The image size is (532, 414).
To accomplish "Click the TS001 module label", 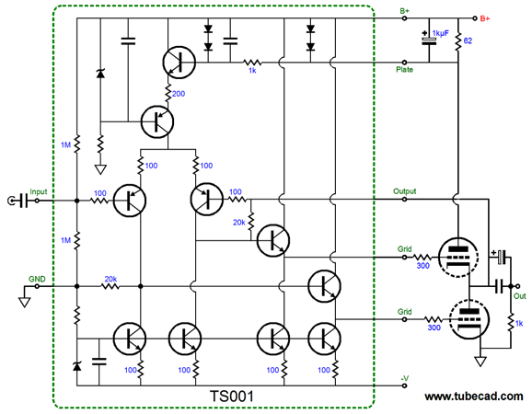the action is pyautogui.click(x=232, y=396).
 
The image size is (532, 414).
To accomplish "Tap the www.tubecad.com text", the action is pyautogui.click(x=474, y=396).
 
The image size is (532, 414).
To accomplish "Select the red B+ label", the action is pyautogui.click(x=485, y=18).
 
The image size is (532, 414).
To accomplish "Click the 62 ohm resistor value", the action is pyautogui.click(x=468, y=40).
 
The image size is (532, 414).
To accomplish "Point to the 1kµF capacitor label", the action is pyautogui.click(x=440, y=33).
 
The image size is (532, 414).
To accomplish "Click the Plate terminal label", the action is pyautogui.click(x=404, y=70).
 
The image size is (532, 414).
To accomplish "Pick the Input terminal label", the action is pyautogui.click(x=39, y=191).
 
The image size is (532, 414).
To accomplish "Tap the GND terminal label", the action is pyautogui.click(x=37, y=279).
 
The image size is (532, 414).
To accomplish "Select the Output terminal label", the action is pyautogui.click(x=404, y=191).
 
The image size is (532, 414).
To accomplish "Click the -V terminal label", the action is pyautogui.click(x=404, y=378).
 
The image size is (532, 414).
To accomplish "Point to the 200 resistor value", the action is pyautogui.click(x=179, y=94).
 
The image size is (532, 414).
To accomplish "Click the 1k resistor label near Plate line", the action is pyautogui.click(x=252, y=71).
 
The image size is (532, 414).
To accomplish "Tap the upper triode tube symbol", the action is pyautogui.click(x=458, y=257).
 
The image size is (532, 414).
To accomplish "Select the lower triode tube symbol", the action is pyautogui.click(x=468, y=319).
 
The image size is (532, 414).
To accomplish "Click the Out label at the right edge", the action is pyautogui.click(x=519, y=296).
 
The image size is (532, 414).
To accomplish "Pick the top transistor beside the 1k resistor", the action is pyautogui.click(x=179, y=63).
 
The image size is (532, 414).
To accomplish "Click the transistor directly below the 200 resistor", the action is pyautogui.click(x=157, y=121).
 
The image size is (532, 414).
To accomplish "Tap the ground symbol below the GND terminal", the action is pyautogui.click(x=25, y=302).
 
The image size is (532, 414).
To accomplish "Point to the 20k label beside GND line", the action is pyautogui.click(x=110, y=279).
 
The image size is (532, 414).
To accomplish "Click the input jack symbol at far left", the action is pyautogui.click(x=11, y=201).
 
